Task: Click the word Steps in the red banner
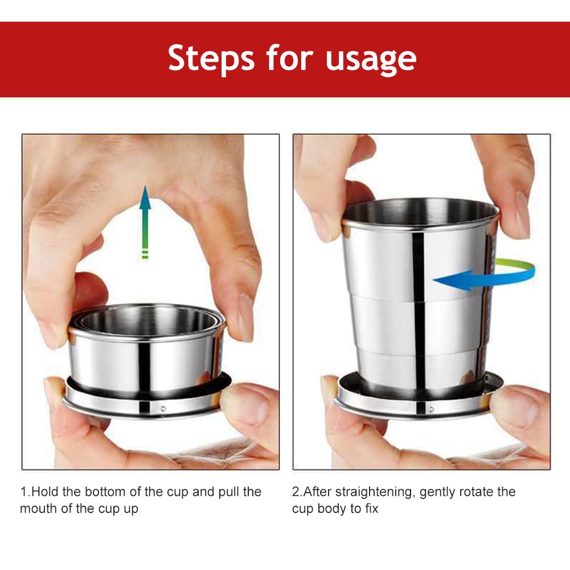pyautogui.click(x=211, y=59)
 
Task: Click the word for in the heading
pyautogui.click(x=289, y=58)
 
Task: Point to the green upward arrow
pyautogui.click(x=145, y=222)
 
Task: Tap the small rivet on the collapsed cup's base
pyautogui.click(x=163, y=409)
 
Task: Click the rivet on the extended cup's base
pyautogui.click(x=432, y=409)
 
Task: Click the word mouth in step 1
pyautogui.click(x=39, y=509)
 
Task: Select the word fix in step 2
pyautogui.click(x=372, y=508)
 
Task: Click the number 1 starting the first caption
pyautogui.click(x=23, y=492)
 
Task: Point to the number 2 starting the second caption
pyautogui.click(x=296, y=492)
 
